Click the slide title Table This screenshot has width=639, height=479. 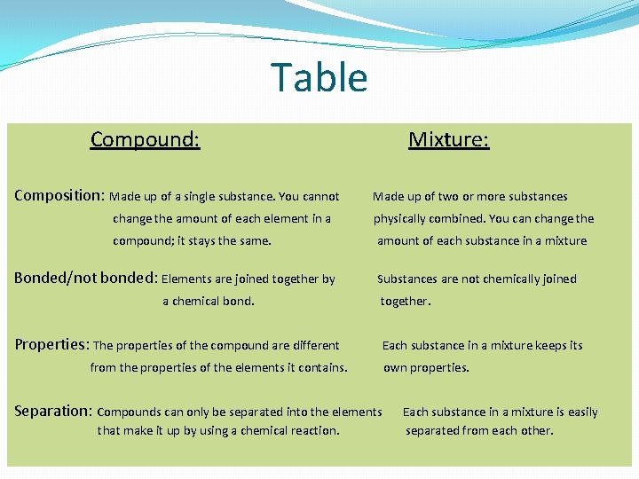pyautogui.click(x=319, y=77)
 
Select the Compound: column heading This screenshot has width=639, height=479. pyautogui.click(x=145, y=139)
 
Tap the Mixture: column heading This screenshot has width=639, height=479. pyautogui.click(x=448, y=139)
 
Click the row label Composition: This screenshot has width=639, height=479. pyautogui.click(x=59, y=195)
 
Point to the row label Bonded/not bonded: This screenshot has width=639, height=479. pyautogui.click(x=85, y=278)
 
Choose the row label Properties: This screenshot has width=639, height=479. pyautogui.click(x=51, y=344)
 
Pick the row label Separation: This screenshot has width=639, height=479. pyautogui.click(x=53, y=411)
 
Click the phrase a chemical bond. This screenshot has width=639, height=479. pyautogui.click(x=209, y=301)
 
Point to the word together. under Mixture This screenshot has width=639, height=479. pyautogui.click(x=406, y=301)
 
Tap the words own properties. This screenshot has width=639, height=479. pyautogui.click(x=426, y=367)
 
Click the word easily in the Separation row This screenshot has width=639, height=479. pyautogui.click(x=582, y=412)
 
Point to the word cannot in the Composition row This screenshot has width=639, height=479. pyautogui.click(x=320, y=196)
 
